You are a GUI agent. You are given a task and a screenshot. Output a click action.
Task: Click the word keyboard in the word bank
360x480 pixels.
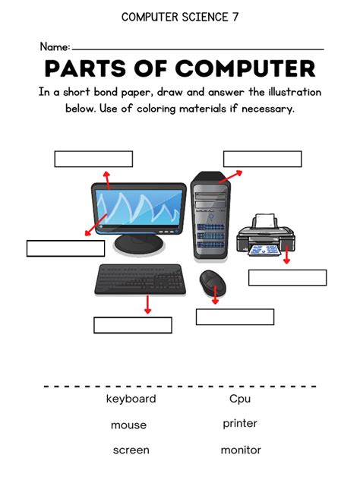point(131,399)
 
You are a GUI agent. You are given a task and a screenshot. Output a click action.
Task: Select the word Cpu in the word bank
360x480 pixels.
point(240,399)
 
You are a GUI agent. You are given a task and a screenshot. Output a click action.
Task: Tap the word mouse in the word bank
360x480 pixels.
point(128,425)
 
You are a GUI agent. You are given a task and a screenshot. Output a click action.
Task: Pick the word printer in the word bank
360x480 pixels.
point(240,424)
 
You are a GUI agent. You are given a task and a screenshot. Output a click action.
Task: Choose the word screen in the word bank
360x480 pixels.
point(131,450)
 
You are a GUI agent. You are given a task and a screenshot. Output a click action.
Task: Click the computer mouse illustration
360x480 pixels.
point(210,283)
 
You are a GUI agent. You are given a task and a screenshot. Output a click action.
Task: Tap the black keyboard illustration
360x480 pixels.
point(140,279)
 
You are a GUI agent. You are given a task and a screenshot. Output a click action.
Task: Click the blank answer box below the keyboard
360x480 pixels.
point(133,325)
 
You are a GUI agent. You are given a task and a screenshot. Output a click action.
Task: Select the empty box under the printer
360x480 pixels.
point(287,277)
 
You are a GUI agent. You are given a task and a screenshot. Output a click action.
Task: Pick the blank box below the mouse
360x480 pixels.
point(235,317)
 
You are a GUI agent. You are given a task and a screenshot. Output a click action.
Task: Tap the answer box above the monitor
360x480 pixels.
point(93,159)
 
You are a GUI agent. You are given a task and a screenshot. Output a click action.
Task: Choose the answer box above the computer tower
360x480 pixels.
point(262,159)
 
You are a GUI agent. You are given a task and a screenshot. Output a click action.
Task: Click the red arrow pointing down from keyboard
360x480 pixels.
point(147,305)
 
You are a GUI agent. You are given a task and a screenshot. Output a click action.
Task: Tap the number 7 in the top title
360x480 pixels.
point(235,17)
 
